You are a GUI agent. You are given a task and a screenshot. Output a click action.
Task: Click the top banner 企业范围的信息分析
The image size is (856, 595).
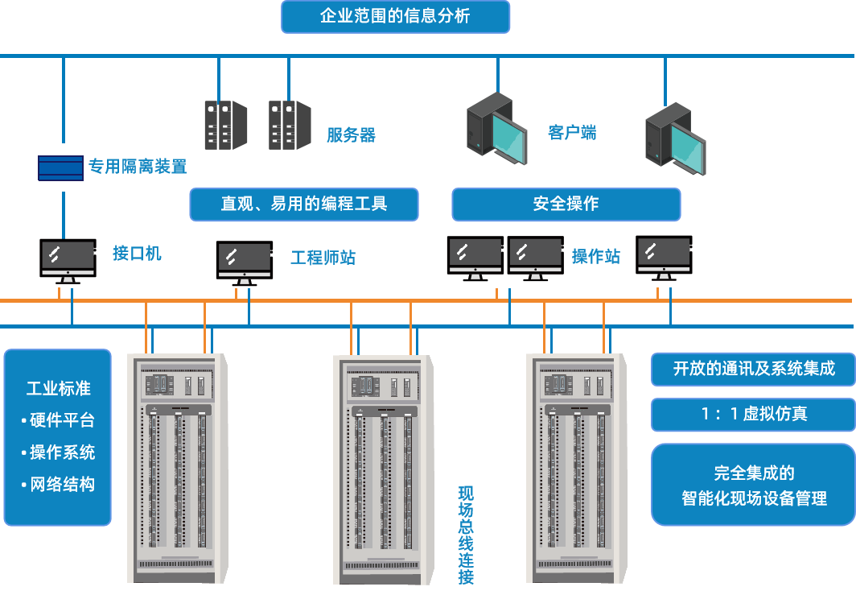coord(395,17)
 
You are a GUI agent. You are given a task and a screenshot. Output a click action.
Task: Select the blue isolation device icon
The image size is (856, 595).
coord(60,167)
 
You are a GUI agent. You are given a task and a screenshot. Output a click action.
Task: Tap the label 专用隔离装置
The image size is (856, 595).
coord(137,167)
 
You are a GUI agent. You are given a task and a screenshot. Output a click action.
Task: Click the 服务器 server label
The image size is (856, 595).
coord(351,135)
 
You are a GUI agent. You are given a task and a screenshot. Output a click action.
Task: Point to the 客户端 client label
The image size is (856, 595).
coord(572,133)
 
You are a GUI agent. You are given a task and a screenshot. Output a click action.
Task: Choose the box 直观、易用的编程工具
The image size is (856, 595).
coord(304,205)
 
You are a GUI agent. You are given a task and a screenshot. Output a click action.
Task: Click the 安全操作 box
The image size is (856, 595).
coord(566,205)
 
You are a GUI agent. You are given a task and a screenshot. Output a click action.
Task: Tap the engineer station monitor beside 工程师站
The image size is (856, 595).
coord(245,260)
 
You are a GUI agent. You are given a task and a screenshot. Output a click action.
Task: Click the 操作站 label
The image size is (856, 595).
coord(596,257)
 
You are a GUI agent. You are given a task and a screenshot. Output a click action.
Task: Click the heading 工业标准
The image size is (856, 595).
coord(58,389)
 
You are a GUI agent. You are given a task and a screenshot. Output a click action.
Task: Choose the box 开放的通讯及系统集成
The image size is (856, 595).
coord(753,369)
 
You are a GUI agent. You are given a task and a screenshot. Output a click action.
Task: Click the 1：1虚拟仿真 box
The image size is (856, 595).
coord(753,415)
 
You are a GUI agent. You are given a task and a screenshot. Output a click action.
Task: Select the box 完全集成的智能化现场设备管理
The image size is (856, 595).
coord(753,486)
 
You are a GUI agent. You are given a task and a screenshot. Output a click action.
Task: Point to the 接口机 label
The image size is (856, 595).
coord(137,254)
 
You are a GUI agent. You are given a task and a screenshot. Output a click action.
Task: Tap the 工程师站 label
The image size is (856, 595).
coord(323,258)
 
